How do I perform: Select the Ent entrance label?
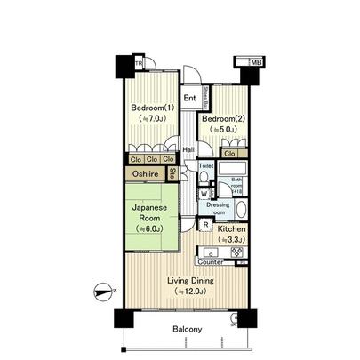point(189,99)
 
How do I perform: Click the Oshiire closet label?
point(148,174)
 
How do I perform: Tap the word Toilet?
point(205,166)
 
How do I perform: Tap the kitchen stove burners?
point(237,252)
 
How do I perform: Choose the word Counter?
point(210,262)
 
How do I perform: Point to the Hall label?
point(189,148)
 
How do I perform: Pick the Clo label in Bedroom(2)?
point(229,154)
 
